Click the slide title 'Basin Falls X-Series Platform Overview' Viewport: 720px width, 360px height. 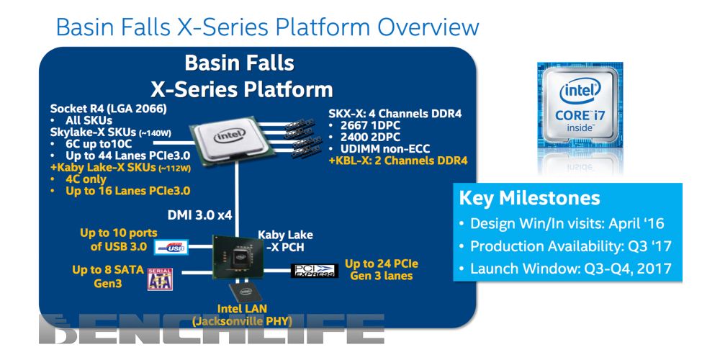point(267,27)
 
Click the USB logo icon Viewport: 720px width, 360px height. point(171,247)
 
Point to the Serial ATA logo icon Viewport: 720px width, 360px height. point(160,278)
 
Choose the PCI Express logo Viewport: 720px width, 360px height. point(314,271)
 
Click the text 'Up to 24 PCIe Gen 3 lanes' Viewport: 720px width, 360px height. point(382,270)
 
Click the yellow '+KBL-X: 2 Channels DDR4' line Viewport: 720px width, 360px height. point(397,160)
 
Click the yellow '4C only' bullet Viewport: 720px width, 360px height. point(86,179)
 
